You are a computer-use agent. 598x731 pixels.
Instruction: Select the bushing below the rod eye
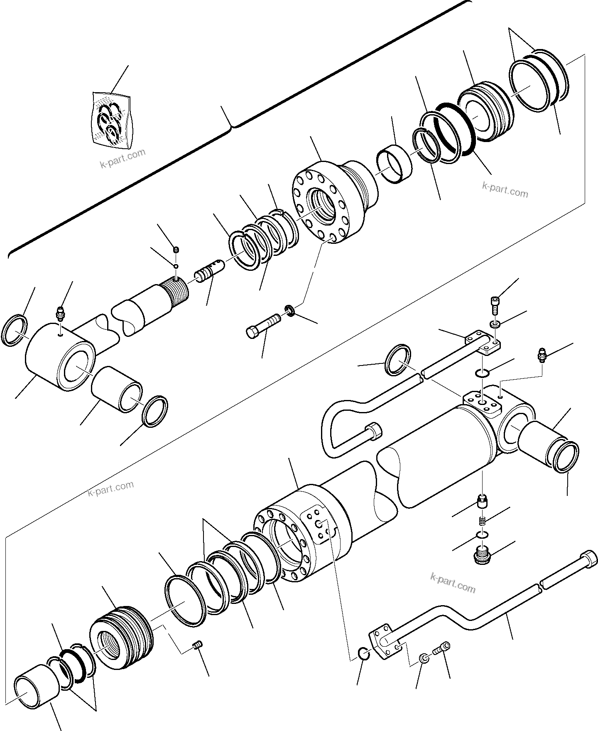[117, 388]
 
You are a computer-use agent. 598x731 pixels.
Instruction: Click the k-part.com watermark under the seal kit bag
[123, 158]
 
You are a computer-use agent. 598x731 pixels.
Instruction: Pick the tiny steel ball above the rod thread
[176, 266]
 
